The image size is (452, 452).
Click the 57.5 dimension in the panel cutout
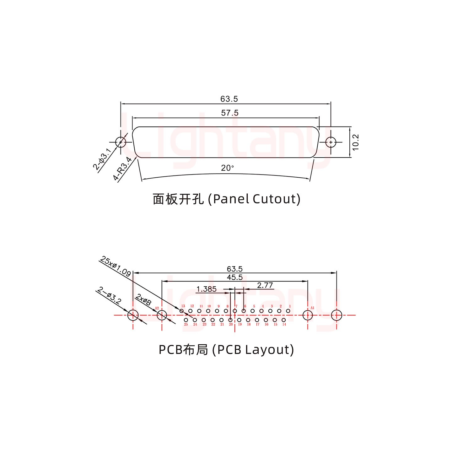[x=229, y=113]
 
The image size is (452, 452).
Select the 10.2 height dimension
[x=355, y=142]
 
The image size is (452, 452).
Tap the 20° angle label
[x=228, y=168]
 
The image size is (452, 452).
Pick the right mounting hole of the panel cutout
[x=331, y=142]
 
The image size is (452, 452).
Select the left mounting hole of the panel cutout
[x=121, y=142]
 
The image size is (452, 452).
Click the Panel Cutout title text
[x=226, y=199]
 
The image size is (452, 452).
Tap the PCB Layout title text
[x=226, y=349]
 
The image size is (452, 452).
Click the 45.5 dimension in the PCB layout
[x=234, y=277]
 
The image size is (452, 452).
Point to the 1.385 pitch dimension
[x=206, y=289]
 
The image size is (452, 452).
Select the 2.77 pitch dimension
[x=265, y=285]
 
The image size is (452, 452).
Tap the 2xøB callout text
[x=144, y=300]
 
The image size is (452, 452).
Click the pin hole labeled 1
[x=288, y=311]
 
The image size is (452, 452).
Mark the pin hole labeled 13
[x=181, y=311]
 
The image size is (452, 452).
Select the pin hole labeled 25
[x=186, y=320]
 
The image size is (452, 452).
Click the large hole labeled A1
[x=308, y=315]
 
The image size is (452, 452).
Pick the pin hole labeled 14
[x=284, y=320]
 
